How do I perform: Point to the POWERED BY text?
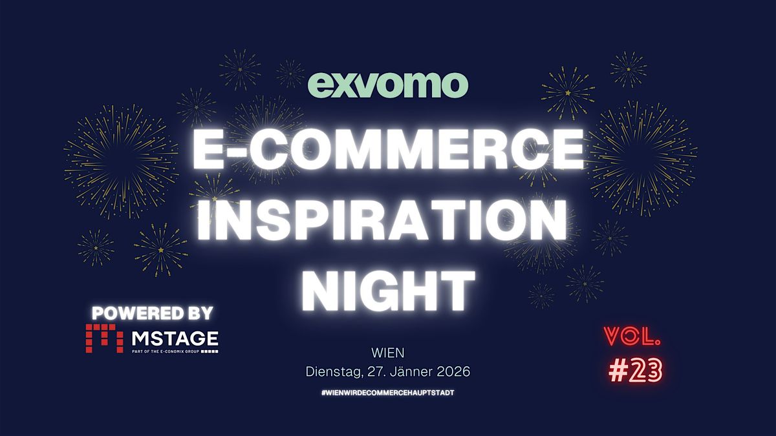pyautogui.click(x=152, y=313)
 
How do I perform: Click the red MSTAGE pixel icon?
pyautogui.click(x=104, y=338)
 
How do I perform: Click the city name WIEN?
pyautogui.click(x=388, y=353)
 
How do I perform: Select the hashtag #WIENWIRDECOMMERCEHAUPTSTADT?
pyautogui.click(x=388, y=393)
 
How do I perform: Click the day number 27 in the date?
pyautogui.click(x=373, y=372)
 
